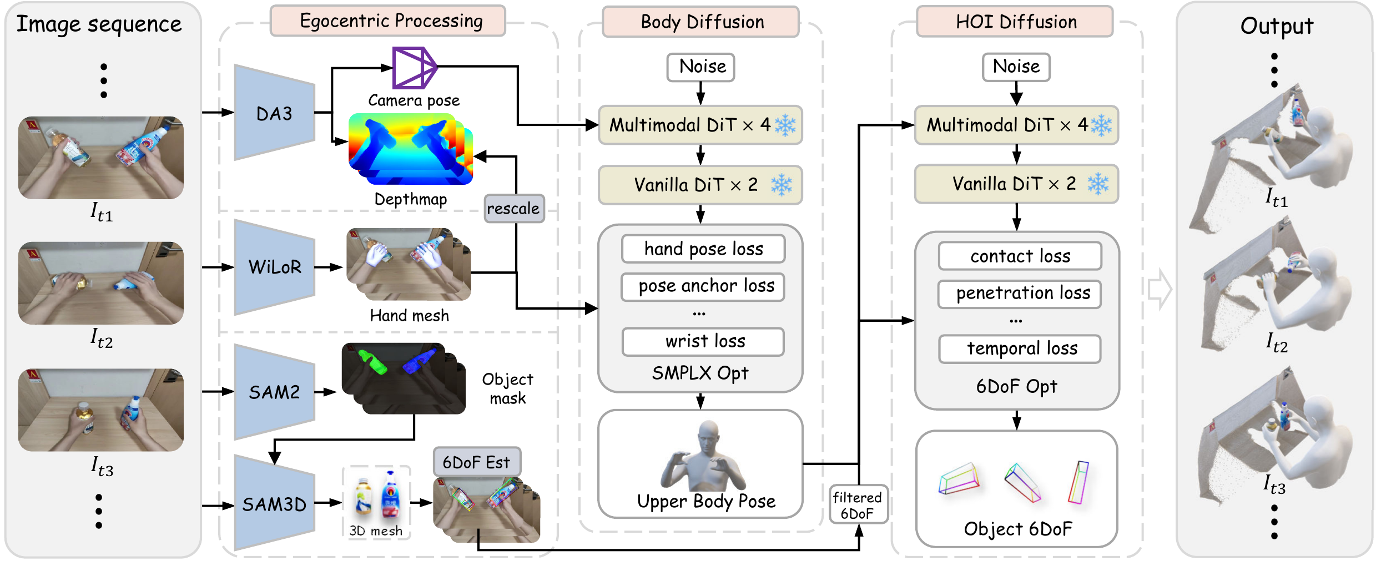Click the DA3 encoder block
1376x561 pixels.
274,113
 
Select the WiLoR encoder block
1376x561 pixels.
274,267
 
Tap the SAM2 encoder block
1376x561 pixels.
274,392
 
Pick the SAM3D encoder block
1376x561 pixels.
274,504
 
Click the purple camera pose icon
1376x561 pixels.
414,68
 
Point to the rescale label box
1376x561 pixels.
513,209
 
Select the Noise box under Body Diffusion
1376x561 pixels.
700,67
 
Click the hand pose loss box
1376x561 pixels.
703,249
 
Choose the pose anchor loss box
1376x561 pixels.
703,286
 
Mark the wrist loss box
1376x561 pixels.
703,341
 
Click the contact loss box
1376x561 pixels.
1020,256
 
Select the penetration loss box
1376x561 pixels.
1020,293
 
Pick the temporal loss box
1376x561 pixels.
1020,348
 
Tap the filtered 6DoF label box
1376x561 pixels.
858,504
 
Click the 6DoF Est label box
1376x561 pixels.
476,462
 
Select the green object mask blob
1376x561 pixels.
373,362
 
